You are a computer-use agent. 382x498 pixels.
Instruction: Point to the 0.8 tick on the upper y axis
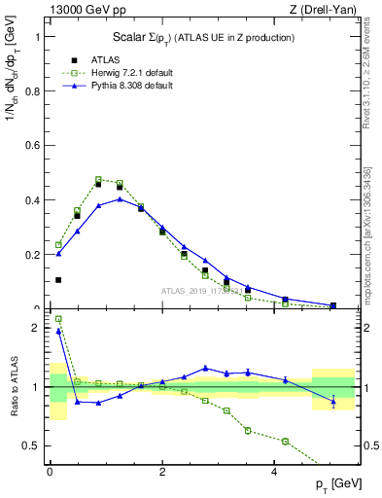37,91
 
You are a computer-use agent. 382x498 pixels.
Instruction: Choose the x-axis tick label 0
50,474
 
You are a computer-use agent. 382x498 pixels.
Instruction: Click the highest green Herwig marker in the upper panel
99,180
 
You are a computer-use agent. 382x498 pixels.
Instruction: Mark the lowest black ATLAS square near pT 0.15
58,280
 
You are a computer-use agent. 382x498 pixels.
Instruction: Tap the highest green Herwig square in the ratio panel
58,318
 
